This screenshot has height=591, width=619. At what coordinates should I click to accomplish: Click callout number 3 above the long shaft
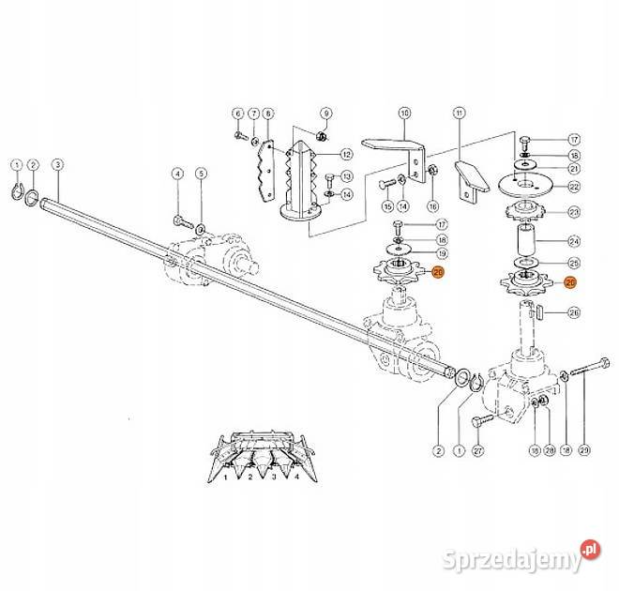[x=58, y=165]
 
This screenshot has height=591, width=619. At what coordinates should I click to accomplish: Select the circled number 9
[x=326, y=114]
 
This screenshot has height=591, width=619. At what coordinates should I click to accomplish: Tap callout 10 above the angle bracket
[x=404, y=114]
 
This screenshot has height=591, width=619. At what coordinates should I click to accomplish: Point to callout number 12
[x=346, y=154]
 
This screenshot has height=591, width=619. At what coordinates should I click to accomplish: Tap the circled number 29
[x=583, y=450]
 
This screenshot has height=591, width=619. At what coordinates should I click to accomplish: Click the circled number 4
[x=176, y=173]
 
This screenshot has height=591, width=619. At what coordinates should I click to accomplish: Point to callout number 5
[x=200, y=173]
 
